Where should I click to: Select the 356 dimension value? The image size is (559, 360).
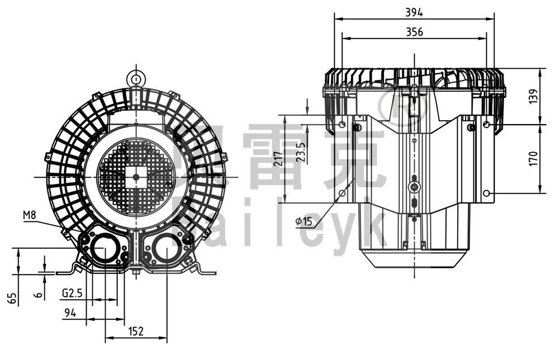coord(414,32)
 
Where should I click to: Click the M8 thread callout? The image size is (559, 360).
coord(30,215)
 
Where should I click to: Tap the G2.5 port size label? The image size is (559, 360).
coord(73,292)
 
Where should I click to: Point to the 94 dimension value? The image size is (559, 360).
coord(69,313)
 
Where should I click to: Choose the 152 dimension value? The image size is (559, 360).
coord(135,331)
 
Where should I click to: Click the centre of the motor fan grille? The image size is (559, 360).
coord(135,177)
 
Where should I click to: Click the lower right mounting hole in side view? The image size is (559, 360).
coord(487,193)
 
